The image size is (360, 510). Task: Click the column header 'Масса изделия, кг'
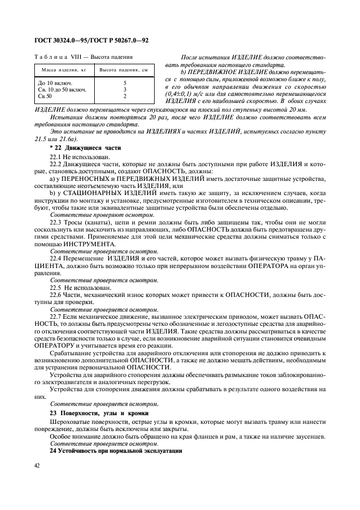coord(60,70)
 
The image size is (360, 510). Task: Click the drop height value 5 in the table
coord(125,83)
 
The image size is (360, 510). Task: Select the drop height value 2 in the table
coord(125,96)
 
